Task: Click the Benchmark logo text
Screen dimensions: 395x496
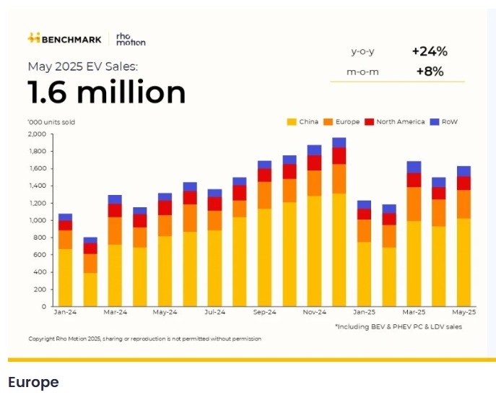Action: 70,38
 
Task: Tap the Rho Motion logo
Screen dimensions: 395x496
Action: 130,38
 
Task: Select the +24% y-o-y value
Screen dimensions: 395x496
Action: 430,51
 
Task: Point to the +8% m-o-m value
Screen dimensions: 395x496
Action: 430,71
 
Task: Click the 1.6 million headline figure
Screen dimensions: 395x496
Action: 107,92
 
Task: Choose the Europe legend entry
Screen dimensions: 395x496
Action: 345,122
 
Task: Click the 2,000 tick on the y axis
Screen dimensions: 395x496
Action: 36,134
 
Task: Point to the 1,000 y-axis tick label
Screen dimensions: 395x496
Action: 36,220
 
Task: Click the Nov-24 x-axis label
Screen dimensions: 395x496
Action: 314,313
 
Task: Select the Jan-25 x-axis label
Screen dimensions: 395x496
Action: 364,313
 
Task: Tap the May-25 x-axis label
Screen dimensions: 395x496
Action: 463,313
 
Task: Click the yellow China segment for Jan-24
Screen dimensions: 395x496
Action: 65,277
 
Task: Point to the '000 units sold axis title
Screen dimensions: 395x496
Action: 51,122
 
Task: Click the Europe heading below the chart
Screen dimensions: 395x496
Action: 33,382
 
